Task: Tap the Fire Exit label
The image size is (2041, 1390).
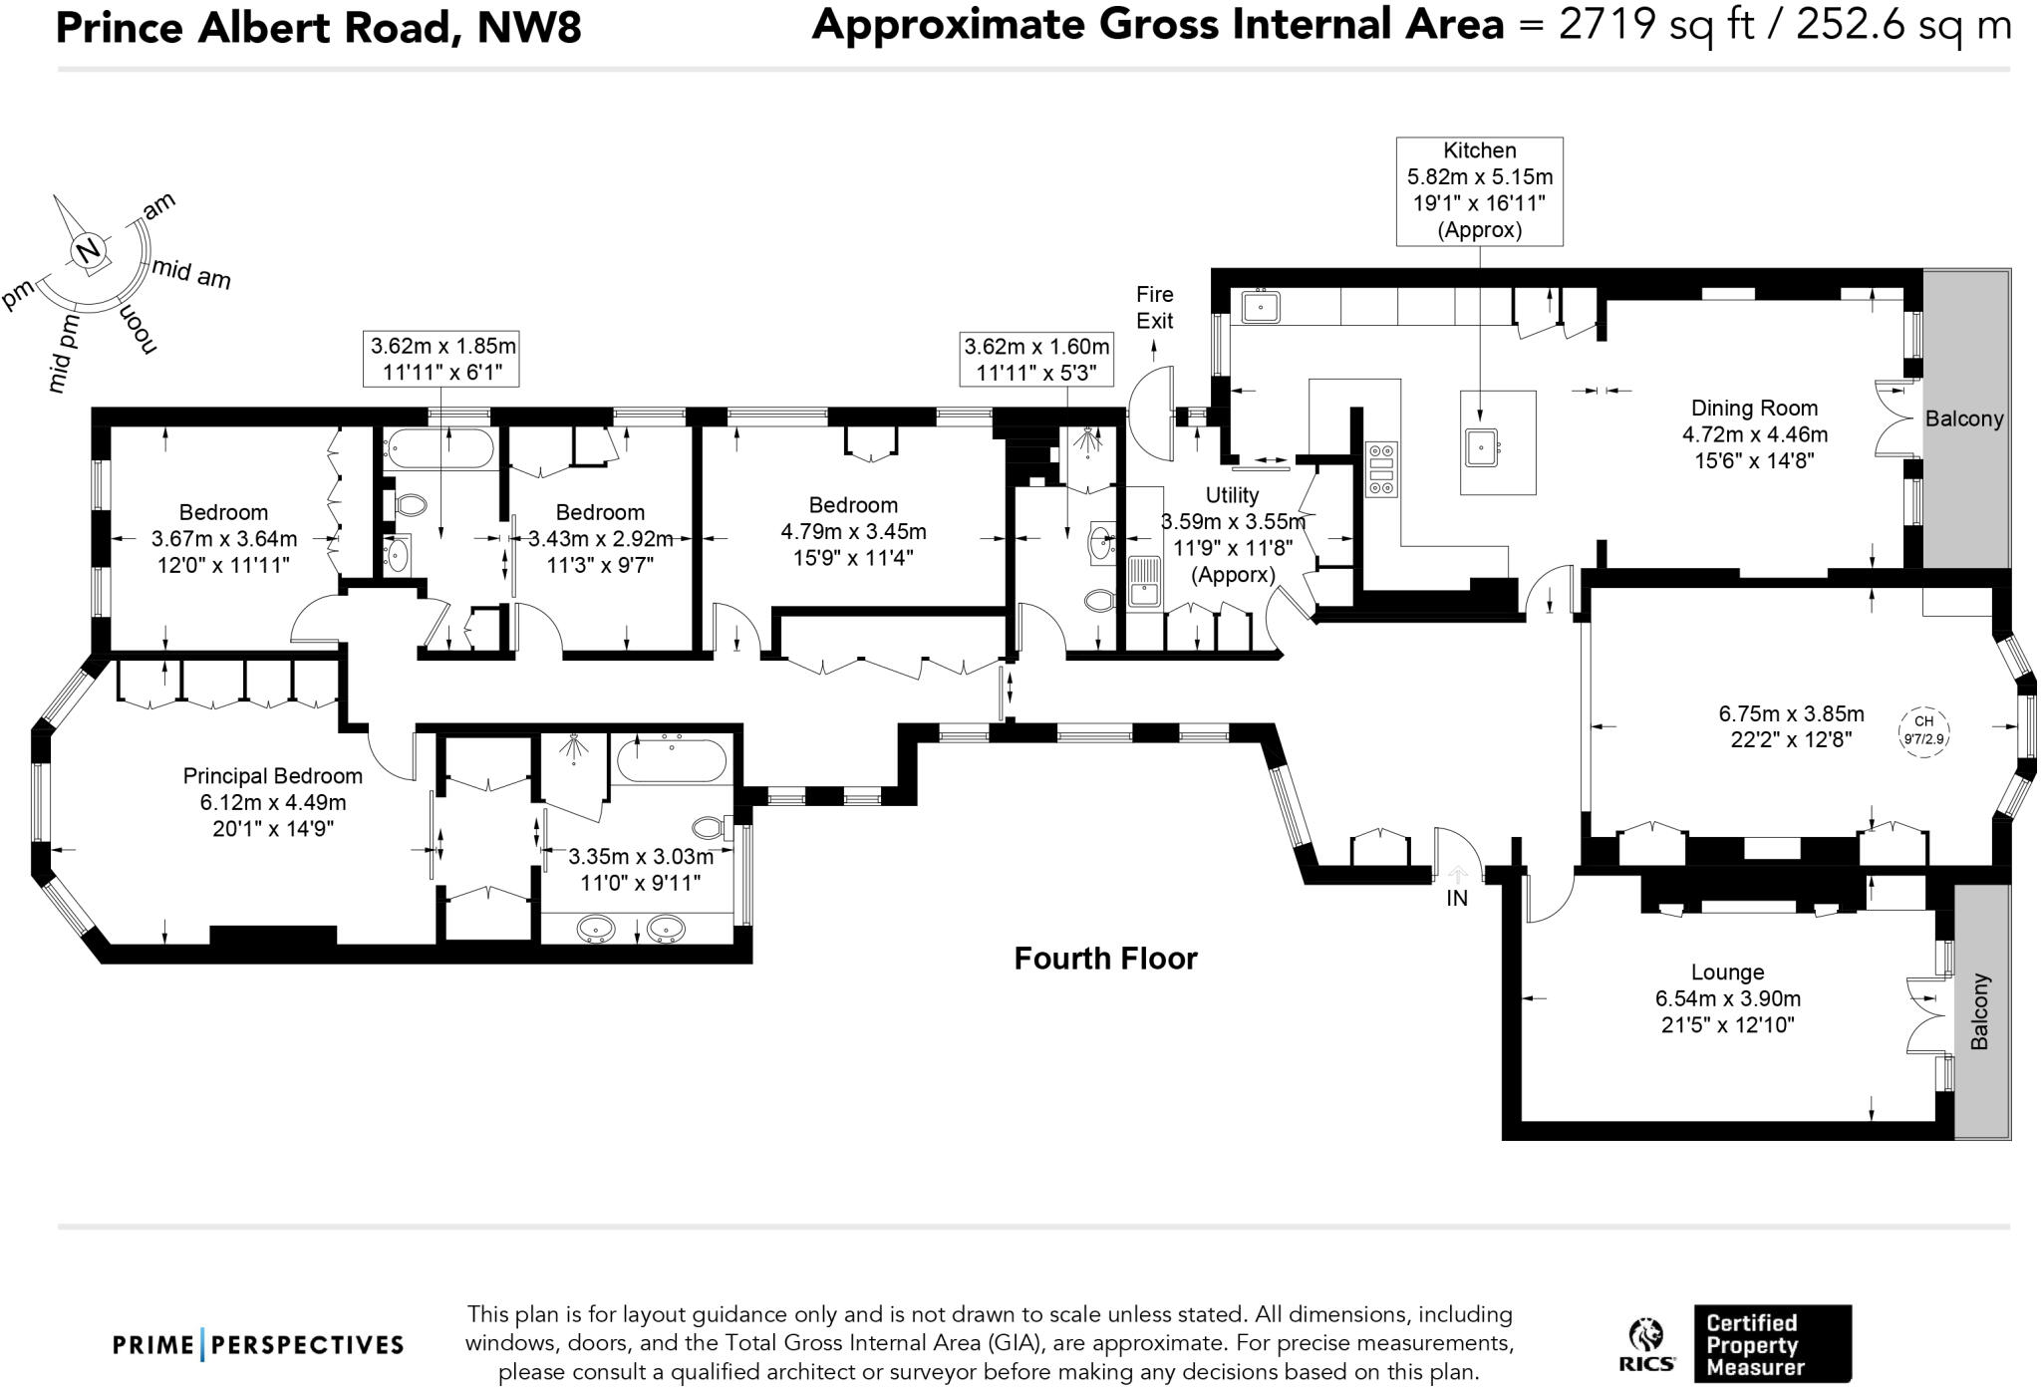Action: pyautogui.click(x=1155, y=307)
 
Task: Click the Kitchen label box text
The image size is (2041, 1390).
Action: pyautogui.click(x=1479, y=190)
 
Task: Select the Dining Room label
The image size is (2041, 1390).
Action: pyautogui.click(x=1754, y=408)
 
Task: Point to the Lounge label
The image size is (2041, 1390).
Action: pyautogui.click(x=1727, y=972)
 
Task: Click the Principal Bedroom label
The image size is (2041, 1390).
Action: pyautogui.click(x=273, y=775)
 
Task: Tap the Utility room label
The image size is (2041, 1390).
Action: pyautogui.click(x=1232, y=495)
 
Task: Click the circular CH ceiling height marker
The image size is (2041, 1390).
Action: pyautogui.click(x=1923, y=730)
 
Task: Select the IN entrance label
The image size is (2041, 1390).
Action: pyautogui.click(x=1457, y=898)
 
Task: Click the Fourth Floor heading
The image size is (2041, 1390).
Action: pyautogui.click(x=1105, y=959)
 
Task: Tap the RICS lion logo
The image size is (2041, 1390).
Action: pyautogui.click(x=1646, y=1346)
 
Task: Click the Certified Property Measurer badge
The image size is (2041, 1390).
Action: pyautogui.click(x=1773, y=1344)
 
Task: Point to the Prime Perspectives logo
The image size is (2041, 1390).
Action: pyautogui.click(x=258, y=1345)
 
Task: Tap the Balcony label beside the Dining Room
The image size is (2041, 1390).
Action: pyautogui.click(x=1963, y=418)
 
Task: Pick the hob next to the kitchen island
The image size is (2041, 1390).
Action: pyautogui.click(x=1381, y=469)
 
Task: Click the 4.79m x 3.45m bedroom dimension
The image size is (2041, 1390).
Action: pyautogui.click(x=853, y=531)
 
